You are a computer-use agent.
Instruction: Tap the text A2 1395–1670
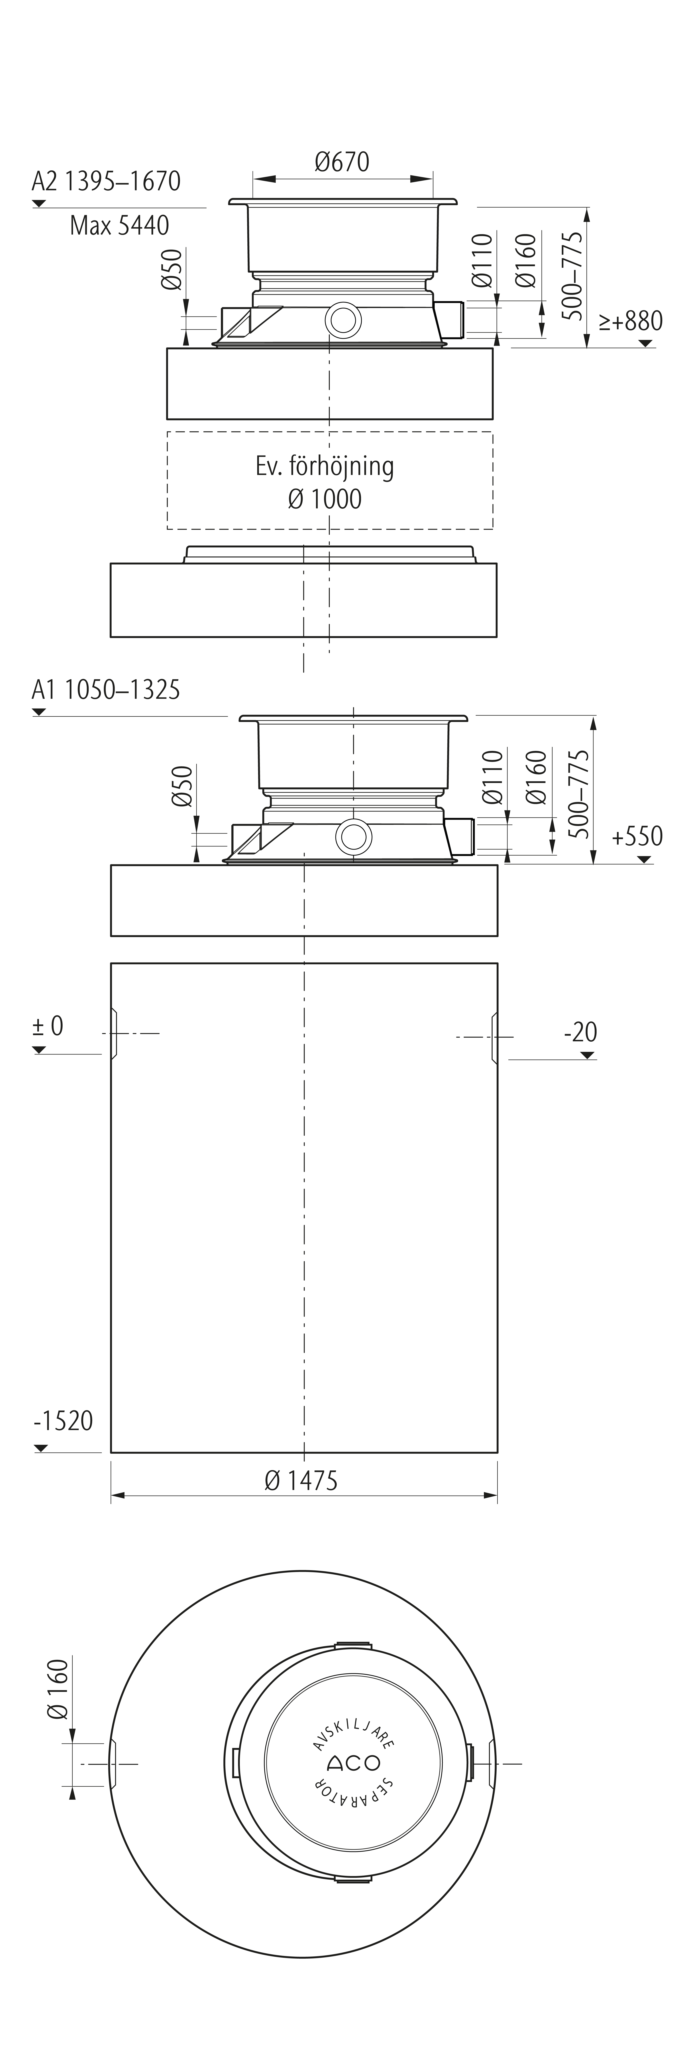[x=106, y=182]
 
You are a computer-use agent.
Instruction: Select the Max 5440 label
[x=119, y=225]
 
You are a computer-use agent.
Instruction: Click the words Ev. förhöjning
[x=325, y=467]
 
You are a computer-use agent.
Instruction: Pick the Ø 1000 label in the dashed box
[x=325, y=499]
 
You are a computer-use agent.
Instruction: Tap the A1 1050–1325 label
[x=106, y=689]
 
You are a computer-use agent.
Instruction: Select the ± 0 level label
[x=48, y=1026]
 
